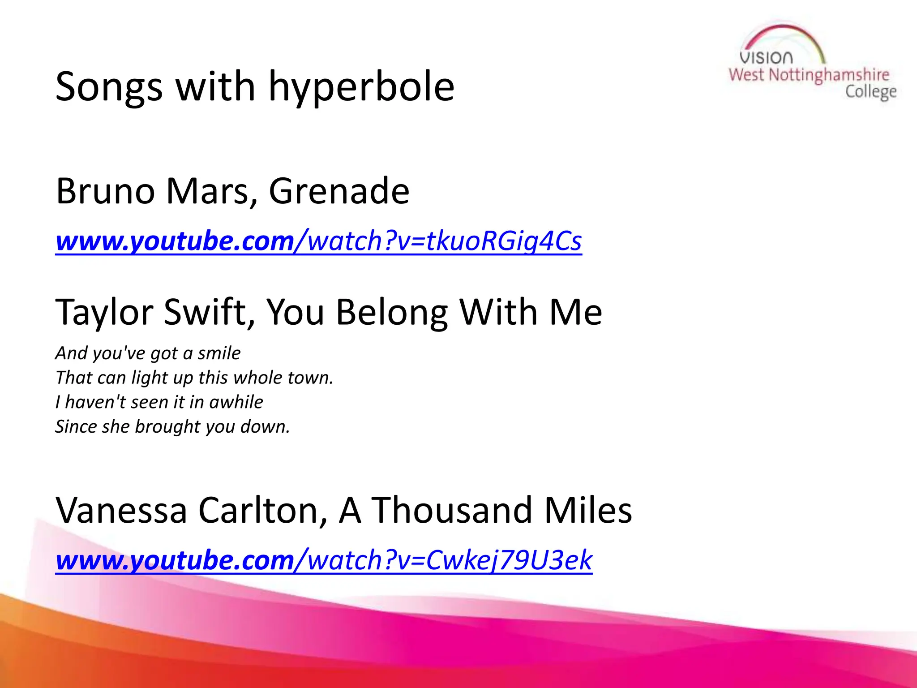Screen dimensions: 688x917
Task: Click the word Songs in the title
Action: pyautogui.click(x=109, y=87)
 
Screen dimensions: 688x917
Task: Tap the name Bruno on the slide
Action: pyautogui.click(x=105, y=191)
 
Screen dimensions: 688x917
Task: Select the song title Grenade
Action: pyautogui.click(x=339, y=191)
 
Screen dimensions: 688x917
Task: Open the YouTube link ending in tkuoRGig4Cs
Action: pyautogui.click(x=318, y=241)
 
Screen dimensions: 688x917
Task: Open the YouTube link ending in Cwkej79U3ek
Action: pyautogui.click(x=324, y=560)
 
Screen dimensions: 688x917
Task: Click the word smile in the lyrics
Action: pyautogui.click(x=219, y=353)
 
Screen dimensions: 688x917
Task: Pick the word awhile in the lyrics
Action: pyautogui.click(x=236, y=402)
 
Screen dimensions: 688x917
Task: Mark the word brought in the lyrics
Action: pyautogui.click(x=167, y=427)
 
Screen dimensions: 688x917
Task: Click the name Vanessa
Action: pyautogui.click(x=121, y=510)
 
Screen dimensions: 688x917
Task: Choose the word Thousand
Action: pyautogui.click(x=452, y=510)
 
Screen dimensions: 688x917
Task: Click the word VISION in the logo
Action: pyautogui.click(x=766, y=58)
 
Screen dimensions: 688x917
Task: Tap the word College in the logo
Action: pyautogui.click(x=871, y=92)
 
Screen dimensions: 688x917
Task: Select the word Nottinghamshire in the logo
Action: pyautogui.click(x=829, y=75)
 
